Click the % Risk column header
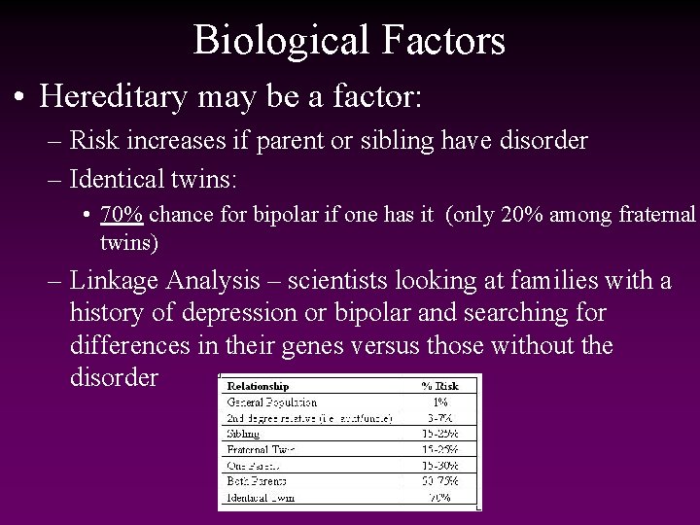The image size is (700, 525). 438,385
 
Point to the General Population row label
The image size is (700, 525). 271,401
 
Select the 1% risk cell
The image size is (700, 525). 439,401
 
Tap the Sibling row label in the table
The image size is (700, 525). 243,433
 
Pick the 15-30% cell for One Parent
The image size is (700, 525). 439,465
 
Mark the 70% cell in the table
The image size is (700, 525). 439,496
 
